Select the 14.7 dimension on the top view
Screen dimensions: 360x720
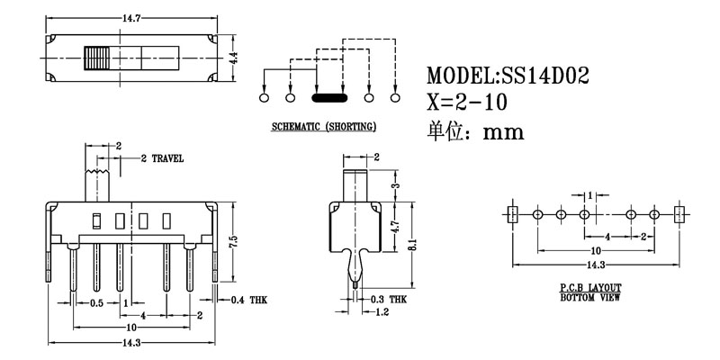coord(132,16)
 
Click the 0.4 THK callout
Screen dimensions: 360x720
coord(248,300)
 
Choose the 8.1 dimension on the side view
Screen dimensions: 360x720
coord(411,242)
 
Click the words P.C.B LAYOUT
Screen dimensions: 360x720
coord(589,287)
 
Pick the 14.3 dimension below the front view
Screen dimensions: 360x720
coord(132,343)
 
